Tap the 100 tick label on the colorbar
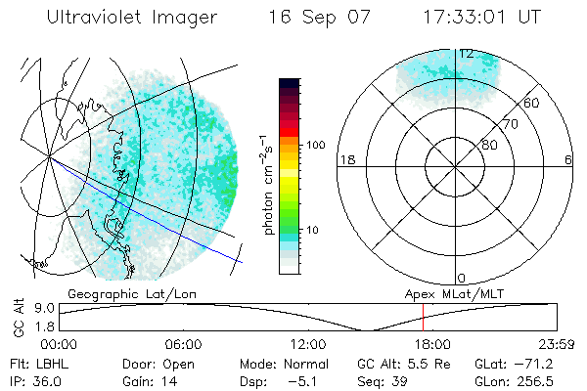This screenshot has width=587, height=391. (315, 145)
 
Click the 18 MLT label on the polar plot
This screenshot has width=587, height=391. (345, 159)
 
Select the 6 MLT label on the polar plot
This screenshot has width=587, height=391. (568, 159)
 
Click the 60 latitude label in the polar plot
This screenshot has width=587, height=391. (531, 103)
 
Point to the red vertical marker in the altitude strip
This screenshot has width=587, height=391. (423, 318)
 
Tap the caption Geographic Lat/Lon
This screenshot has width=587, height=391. (116, 293)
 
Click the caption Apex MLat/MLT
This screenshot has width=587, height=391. (445, 293)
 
